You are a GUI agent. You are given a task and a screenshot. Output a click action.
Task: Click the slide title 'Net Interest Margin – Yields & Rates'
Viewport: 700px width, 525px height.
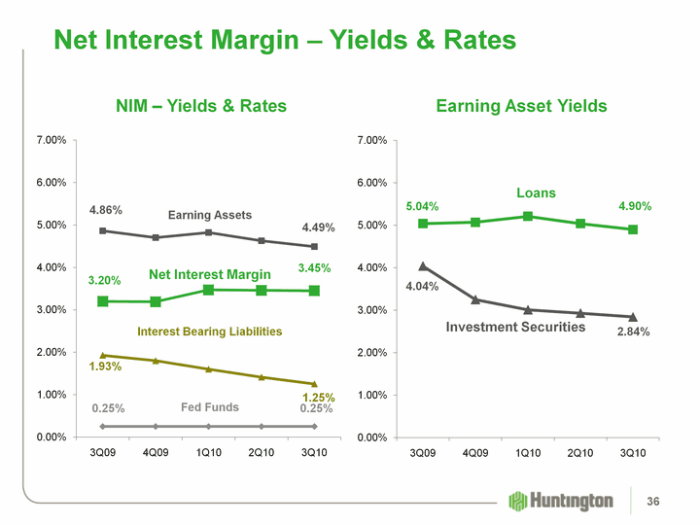285,40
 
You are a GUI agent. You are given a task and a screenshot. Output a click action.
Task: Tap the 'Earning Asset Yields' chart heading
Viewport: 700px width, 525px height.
521,105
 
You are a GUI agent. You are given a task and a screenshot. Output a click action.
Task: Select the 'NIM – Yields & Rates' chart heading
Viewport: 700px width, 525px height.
201,105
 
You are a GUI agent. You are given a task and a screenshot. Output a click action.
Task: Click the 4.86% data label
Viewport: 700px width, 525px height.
106,209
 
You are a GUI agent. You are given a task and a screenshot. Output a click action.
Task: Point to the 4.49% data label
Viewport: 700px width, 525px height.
318,227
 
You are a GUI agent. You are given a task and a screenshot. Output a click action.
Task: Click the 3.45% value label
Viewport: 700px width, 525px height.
315,267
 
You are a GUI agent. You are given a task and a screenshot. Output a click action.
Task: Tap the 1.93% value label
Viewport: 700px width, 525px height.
105,367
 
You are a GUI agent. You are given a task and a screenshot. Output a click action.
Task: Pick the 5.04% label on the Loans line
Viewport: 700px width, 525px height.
423,206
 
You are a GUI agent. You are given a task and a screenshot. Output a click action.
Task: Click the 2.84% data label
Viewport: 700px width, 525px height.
633,332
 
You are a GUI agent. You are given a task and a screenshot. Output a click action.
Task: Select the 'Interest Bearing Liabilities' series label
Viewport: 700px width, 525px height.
210,332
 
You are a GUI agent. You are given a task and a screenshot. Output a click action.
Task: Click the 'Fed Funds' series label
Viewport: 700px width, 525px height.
210,407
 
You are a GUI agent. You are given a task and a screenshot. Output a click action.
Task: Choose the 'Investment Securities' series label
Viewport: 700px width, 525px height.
515,328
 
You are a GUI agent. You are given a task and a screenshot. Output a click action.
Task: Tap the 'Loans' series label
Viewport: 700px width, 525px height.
536,193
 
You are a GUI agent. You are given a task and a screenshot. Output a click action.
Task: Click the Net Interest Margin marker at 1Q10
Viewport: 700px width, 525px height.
208,290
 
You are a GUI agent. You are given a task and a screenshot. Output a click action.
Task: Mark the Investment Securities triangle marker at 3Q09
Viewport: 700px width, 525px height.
422,265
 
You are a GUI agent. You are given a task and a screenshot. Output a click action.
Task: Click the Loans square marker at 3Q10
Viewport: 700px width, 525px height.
633,229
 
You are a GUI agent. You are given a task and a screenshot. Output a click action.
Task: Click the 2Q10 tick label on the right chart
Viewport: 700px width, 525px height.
580,453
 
